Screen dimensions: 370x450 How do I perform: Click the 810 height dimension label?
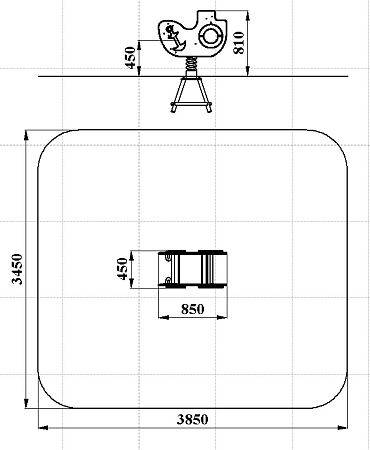click(x=239, y=42)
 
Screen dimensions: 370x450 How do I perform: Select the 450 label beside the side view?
click(x=130, y=58)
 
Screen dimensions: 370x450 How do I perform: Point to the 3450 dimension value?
click(x=17, y=269)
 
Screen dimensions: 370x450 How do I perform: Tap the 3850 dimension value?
click(x=192, y=419)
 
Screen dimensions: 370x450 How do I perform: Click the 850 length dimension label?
click(x=192, y=309)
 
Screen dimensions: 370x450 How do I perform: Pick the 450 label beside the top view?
click(x=122, y=269)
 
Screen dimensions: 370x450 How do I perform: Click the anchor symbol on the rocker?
click(x=174, y=38)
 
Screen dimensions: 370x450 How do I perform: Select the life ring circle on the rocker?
click(x=210, y=35)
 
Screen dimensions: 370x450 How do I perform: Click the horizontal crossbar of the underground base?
click(x=191, y=105)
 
